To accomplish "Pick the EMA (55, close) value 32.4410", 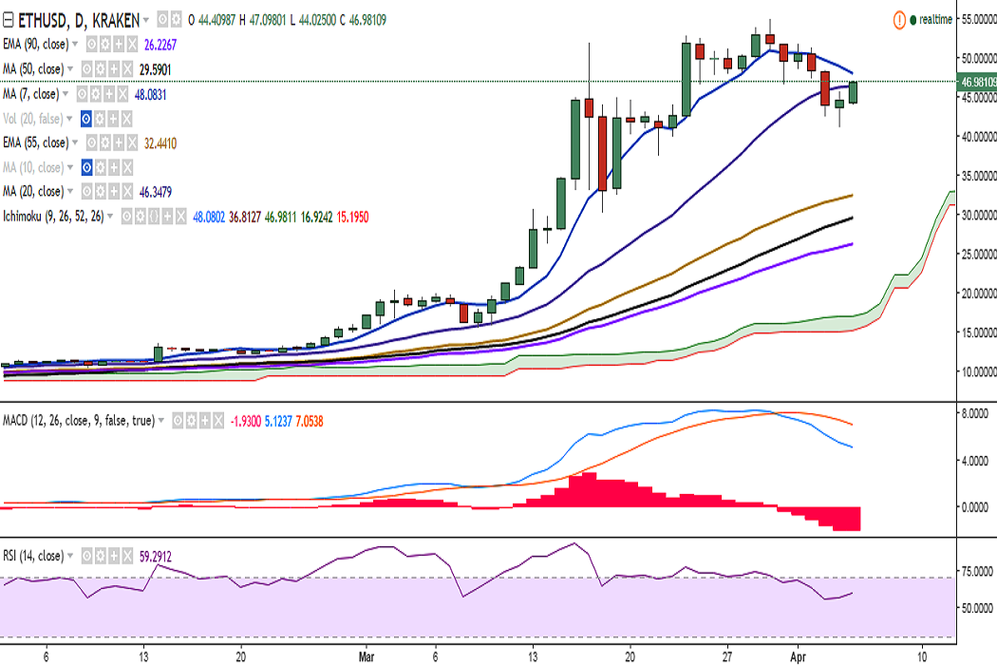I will coord(158,142).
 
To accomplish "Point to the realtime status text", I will coord(935,19).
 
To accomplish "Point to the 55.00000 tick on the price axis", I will coord(976,18).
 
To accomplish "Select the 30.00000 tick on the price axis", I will coord(976,215).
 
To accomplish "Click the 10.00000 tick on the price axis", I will coord(976,371).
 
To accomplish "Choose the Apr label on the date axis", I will coord(799,655).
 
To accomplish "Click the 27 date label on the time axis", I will coord(727,655).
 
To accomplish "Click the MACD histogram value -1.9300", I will coord(247,420).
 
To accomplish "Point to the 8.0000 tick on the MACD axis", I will coord(974,414).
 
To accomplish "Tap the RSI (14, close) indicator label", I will coord(33,556).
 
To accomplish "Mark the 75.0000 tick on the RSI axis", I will coord(974,572).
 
